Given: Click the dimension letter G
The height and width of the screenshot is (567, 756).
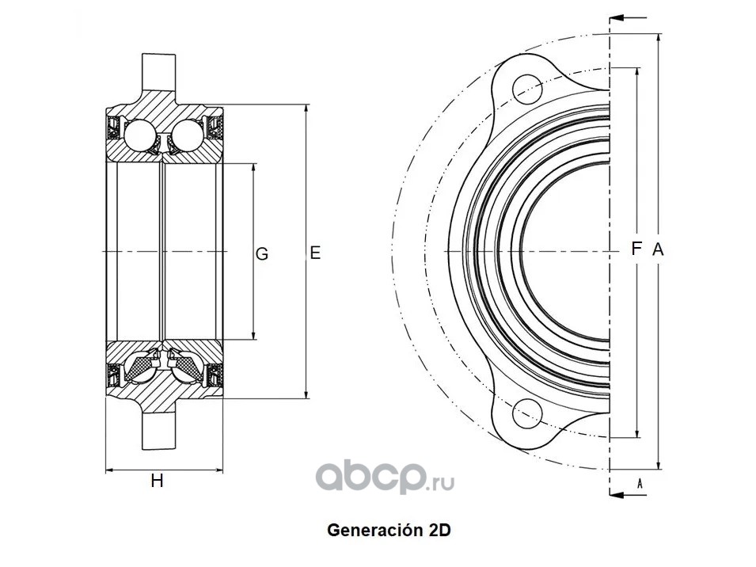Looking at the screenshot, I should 262,254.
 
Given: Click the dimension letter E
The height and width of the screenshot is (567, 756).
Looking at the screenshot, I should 314,253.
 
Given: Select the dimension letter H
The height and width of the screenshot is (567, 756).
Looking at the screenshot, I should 158,481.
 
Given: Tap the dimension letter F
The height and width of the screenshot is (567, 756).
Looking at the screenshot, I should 636,249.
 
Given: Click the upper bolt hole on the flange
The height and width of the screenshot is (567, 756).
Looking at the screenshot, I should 526,87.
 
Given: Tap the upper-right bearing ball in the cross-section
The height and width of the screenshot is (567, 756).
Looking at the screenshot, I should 188,135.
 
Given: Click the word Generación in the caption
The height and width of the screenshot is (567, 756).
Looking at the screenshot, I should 371,531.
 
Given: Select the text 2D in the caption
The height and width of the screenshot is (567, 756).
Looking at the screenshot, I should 439,531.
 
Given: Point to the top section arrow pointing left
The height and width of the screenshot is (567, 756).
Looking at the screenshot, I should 629,17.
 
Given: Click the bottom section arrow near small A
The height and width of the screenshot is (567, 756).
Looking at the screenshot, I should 629,494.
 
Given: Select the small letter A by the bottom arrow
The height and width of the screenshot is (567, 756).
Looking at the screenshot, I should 639,481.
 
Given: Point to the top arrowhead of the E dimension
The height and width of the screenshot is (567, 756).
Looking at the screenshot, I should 306,108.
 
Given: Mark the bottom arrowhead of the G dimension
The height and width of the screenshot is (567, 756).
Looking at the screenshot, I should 253,337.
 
